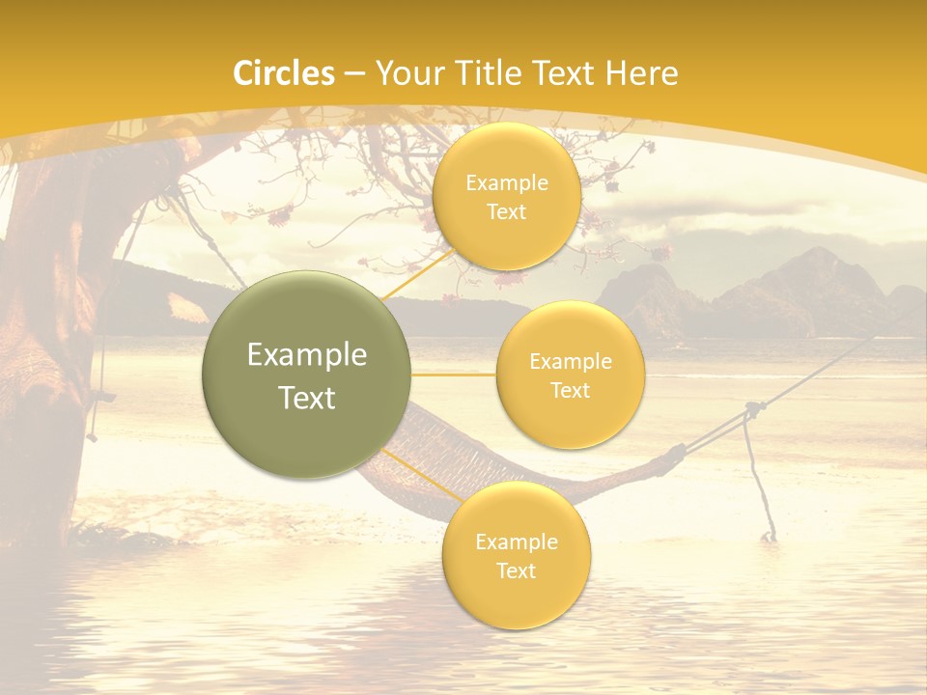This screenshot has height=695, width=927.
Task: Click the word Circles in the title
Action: (x=284, y=73)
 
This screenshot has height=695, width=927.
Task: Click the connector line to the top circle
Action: (x=418, y=275)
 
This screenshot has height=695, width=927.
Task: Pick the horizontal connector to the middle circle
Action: (x=454, y=375)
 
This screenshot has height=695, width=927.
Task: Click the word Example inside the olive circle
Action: (x=307, y=355)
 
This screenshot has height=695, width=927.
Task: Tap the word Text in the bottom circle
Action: (x=516, y=570)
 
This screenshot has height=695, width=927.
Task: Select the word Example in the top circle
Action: (x=506, y=182)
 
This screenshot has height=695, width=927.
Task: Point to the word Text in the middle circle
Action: (x=570, y=390)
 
